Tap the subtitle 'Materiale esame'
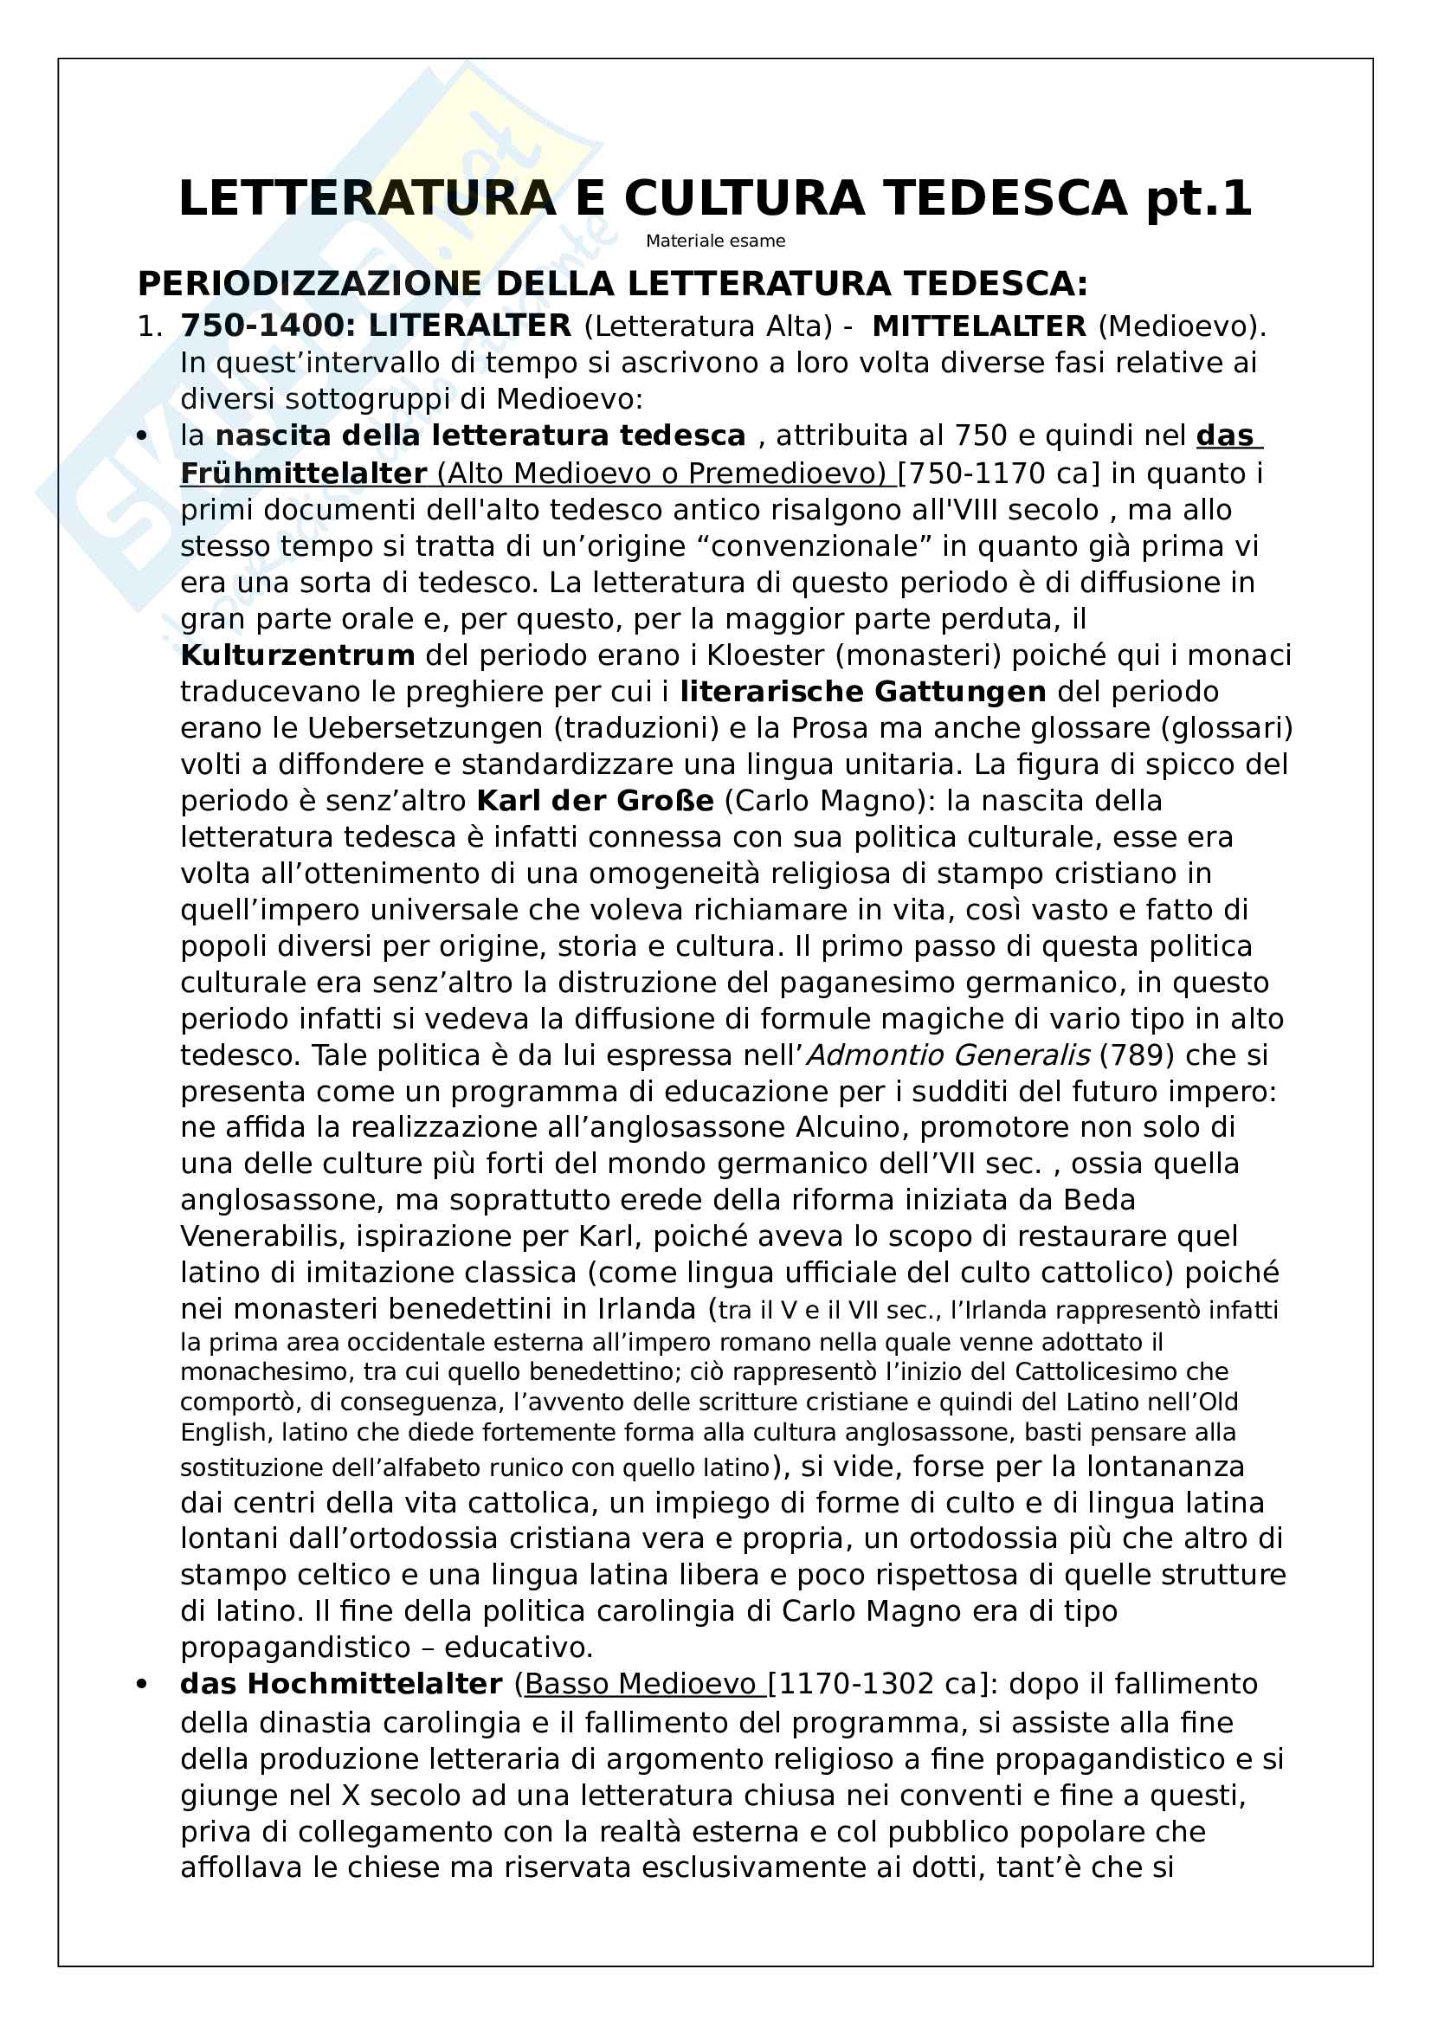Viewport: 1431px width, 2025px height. pos(715,241)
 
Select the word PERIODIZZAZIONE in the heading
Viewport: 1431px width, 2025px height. pos(309,284)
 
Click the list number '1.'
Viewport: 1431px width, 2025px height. pos(150,326)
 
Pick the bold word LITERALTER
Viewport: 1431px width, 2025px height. pos(470,326)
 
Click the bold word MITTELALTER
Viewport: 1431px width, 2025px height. pos(979,326)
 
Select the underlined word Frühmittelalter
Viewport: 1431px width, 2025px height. pos(303,474)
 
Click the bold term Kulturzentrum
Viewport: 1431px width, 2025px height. pos(297,655)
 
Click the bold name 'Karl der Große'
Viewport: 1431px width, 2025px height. pos(594,801)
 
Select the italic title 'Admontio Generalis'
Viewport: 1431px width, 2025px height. pos(949,1054)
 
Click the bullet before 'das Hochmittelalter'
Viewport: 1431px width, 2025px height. pos(142,1685)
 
